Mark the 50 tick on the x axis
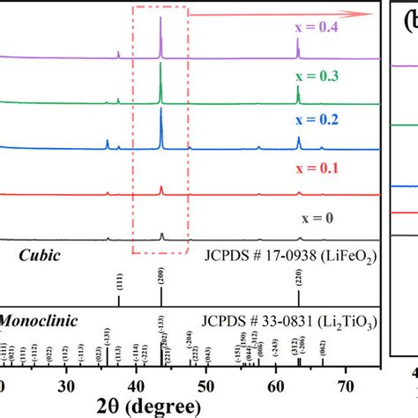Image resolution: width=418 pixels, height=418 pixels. pyautogui.click(x=205, y=385)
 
